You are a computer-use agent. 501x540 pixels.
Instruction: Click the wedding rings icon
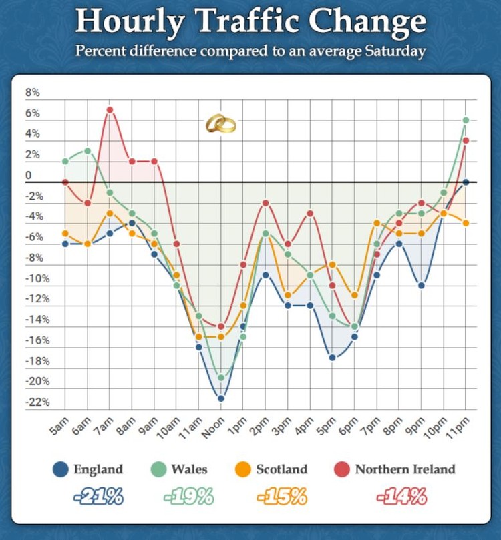(220, 123)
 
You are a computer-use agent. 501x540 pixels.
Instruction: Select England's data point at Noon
(220, 398)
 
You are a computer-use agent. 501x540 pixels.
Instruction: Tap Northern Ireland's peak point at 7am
(110, 110)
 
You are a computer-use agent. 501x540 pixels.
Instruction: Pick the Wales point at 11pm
(466, 120)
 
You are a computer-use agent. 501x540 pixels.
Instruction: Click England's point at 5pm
(332, 357)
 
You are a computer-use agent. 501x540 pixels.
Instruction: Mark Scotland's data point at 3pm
(287, 295)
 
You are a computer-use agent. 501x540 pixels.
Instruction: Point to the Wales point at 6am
(87, 151)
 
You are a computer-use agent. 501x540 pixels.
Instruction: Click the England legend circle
(61, 469)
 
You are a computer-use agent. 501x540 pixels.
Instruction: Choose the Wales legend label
(189, 469)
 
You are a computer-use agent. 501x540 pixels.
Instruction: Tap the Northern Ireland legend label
(405, 469)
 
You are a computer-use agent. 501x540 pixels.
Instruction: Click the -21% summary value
(98, 497)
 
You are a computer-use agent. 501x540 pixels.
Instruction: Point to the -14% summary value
(401, 497)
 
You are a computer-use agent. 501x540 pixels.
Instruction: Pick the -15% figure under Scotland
(281, 497)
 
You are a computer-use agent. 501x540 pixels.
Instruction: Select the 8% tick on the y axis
(33, 93)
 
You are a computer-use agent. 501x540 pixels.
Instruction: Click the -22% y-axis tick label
(37, 402)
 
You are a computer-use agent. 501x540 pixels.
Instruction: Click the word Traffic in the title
(257, 23)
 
